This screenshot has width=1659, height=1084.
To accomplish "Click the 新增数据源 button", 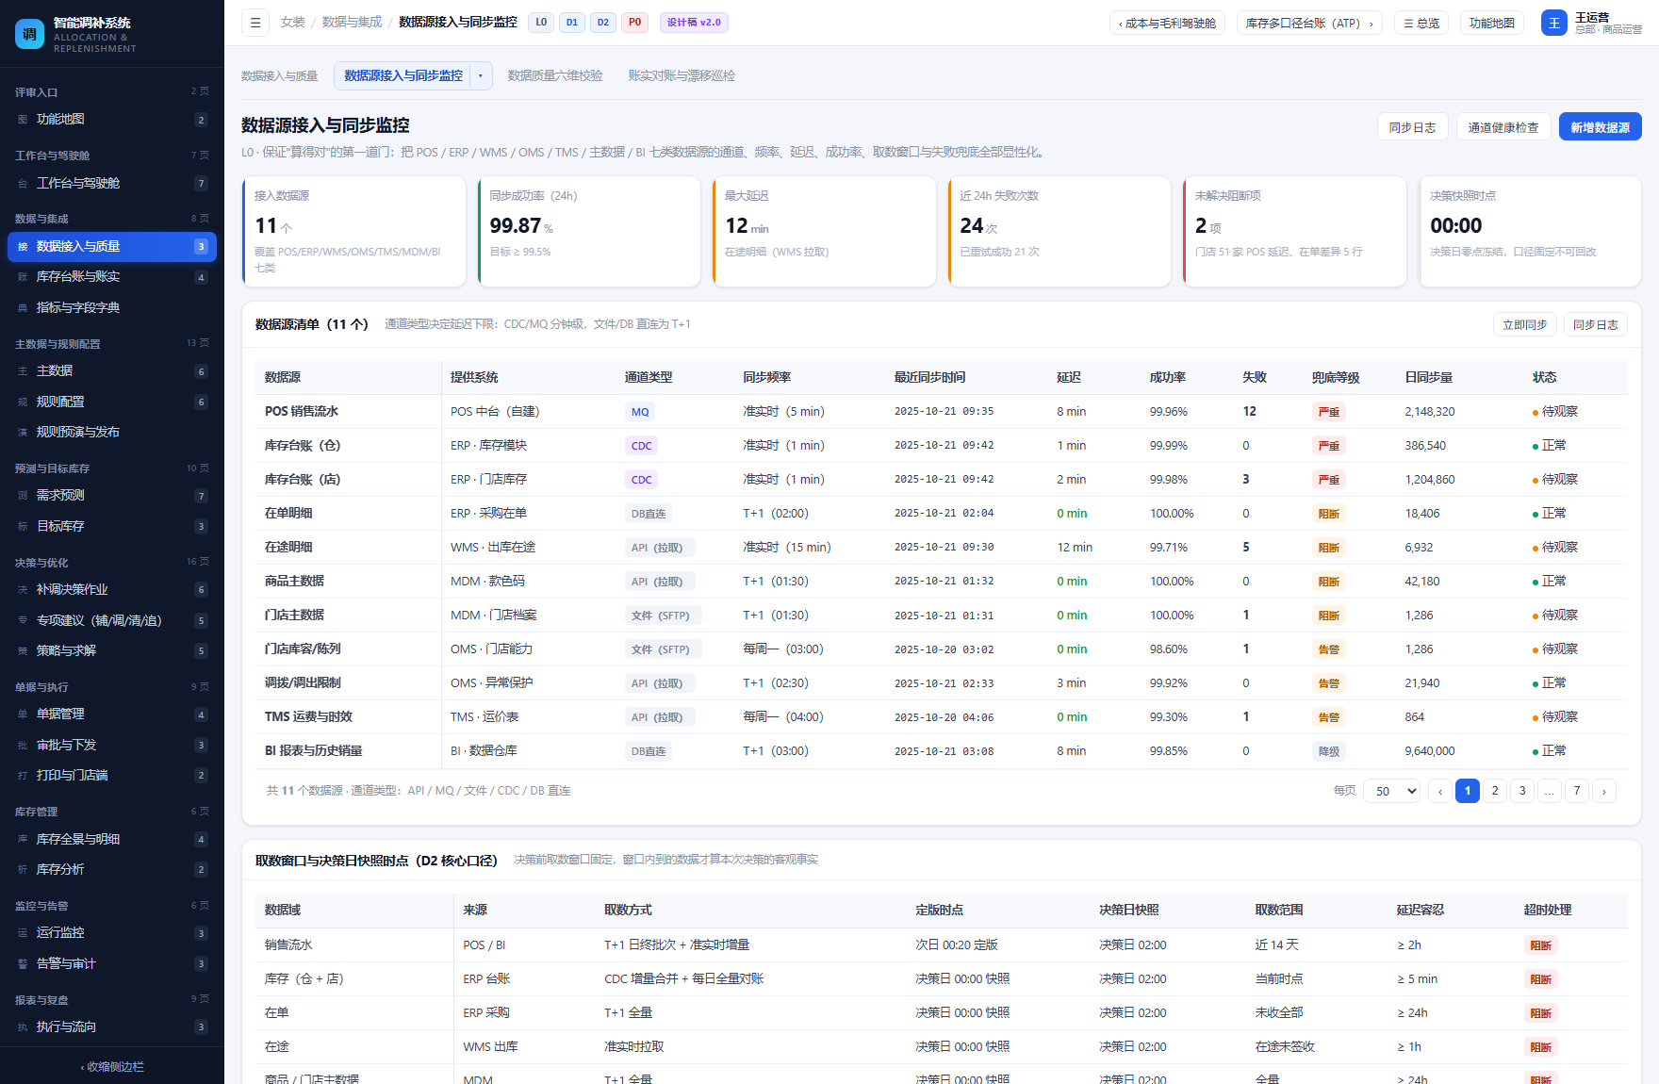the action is click(1600, 127).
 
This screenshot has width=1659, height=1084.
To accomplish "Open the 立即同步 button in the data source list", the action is click(1524, 324).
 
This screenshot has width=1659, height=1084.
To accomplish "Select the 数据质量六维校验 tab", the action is click(555, 75).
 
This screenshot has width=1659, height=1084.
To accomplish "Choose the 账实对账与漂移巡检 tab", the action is click(682, 75).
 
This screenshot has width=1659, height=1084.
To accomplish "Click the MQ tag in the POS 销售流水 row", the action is click(640, 412).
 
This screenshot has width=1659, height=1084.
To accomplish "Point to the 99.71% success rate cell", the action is click(1169, 548).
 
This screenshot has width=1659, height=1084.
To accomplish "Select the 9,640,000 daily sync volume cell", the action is click(1430, 751).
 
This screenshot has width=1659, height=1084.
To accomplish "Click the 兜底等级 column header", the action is click(1336, 377).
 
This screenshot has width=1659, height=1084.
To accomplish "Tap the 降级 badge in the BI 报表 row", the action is click(1329, 751).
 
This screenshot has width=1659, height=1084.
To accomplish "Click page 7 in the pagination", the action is click(1577, 791).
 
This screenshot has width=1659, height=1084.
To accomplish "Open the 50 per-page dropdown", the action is click(1391, 791).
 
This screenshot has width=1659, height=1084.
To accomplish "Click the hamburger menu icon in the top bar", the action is click(255, 23).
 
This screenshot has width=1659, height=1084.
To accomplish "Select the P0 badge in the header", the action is click(634, 23).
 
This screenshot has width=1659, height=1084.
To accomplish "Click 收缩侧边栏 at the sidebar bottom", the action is click(112, 1067).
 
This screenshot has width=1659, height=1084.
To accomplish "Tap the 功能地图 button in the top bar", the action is click(1491, 23).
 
